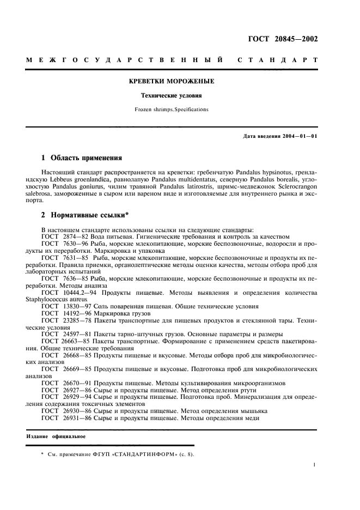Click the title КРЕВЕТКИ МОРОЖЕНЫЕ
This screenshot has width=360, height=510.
171,81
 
